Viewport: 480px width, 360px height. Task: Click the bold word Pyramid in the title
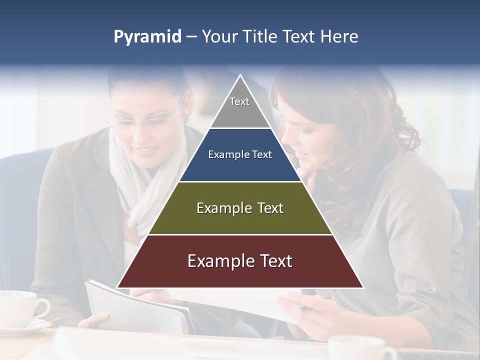(x=147, y=37)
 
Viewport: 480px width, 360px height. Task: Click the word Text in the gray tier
(x=239, y=102)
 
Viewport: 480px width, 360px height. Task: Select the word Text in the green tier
(x=267, y=208)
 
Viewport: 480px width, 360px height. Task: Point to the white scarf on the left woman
(x=135, y=185)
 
